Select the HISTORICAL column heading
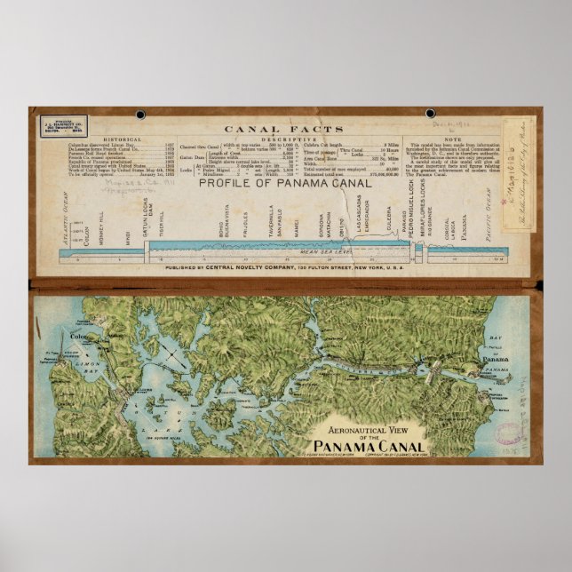point(123,139)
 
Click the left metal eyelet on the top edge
point(140,115)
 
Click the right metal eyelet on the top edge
point(430,114)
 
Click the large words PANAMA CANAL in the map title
point(368,445)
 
